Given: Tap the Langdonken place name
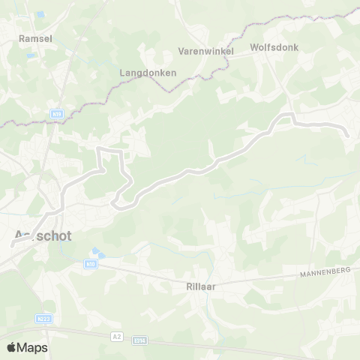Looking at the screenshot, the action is tap(148, 73).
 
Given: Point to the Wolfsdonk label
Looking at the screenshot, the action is tap(274, 46).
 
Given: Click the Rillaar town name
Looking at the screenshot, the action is tap(201, 286).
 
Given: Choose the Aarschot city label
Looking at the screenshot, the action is tap(43, 235).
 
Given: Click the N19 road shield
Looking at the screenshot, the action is tap(57, 114).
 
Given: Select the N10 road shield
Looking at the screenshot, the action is tap(90, 264).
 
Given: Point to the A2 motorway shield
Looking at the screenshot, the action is tap(116, 337).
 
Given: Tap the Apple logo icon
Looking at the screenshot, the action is tap(11, 347).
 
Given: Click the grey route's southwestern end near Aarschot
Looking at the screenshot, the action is tap(13, 243).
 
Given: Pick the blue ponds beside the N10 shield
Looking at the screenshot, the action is tap(95, 253).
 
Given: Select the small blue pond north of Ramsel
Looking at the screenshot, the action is tap(40, 14).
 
